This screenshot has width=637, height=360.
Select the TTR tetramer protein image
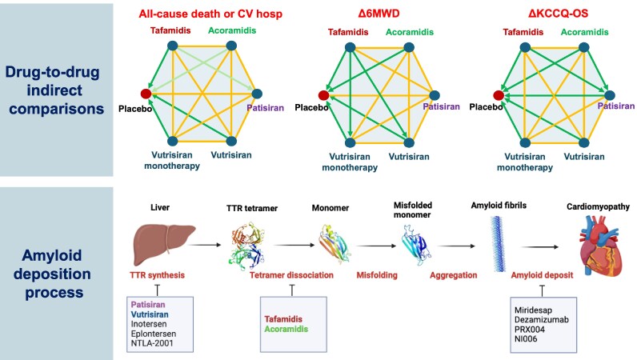coord(249,243)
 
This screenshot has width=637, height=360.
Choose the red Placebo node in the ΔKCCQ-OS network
coord(499,96)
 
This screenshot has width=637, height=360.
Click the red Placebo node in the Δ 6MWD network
coord(323,96)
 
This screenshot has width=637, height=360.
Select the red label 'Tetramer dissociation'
coord(272,274)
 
